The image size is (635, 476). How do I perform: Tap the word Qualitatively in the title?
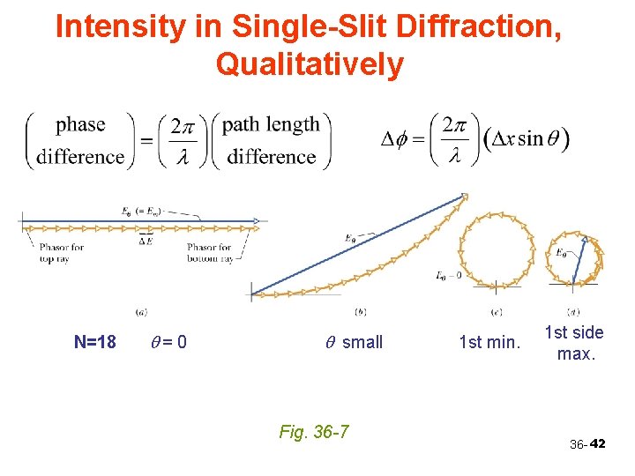point(309,64)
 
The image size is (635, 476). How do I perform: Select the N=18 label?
point(95,342)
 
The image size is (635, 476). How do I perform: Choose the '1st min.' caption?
point(489,342)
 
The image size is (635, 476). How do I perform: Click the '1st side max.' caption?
point(574,343)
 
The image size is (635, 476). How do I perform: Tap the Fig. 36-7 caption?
point(313,431)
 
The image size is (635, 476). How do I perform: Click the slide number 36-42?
point(587,444)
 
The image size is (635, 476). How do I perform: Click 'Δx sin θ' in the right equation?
point(527,140)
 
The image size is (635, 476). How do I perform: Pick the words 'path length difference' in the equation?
point(271,140)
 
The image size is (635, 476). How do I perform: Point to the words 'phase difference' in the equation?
point(80,140)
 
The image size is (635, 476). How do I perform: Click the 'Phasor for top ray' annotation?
point(61,253)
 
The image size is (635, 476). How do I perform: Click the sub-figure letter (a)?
point(141,311)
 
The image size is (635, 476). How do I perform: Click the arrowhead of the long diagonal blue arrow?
point(462,198)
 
